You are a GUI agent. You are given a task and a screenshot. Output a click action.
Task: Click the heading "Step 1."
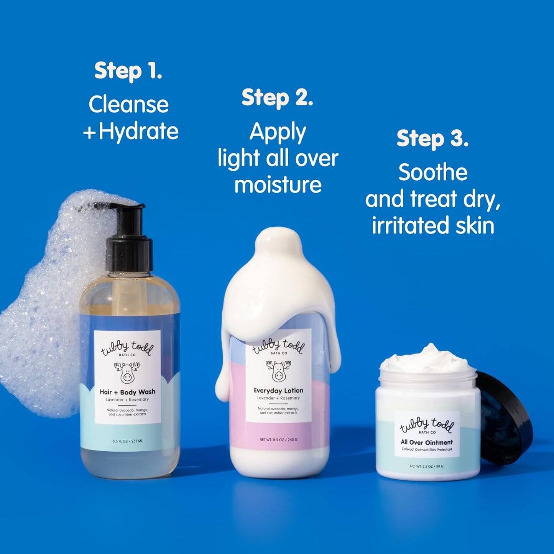128,71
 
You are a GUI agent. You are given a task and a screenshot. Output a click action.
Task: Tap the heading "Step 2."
277,98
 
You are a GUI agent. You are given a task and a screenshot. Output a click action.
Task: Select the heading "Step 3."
432,138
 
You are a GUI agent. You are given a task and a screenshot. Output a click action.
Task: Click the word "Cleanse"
128,104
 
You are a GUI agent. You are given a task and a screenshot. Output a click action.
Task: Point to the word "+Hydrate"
131,131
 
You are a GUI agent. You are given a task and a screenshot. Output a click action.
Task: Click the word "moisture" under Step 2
278,185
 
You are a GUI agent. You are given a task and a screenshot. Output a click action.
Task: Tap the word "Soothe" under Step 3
433,173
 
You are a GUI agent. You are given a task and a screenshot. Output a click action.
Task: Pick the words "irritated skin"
433,225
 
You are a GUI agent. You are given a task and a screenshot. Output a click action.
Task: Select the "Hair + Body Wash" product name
127,392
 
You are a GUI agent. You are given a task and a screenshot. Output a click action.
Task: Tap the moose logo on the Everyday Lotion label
278,370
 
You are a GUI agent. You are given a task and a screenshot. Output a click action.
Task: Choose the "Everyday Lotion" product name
278,391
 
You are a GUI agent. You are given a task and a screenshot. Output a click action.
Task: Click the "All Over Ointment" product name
427,442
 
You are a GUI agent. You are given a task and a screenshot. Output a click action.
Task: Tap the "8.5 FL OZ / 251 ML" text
128,441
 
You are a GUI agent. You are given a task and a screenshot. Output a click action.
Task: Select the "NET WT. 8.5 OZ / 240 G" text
278,439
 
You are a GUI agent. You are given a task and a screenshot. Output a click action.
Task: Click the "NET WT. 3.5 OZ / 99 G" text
426,466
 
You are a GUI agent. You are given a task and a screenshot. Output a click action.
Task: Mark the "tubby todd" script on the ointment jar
427,424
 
